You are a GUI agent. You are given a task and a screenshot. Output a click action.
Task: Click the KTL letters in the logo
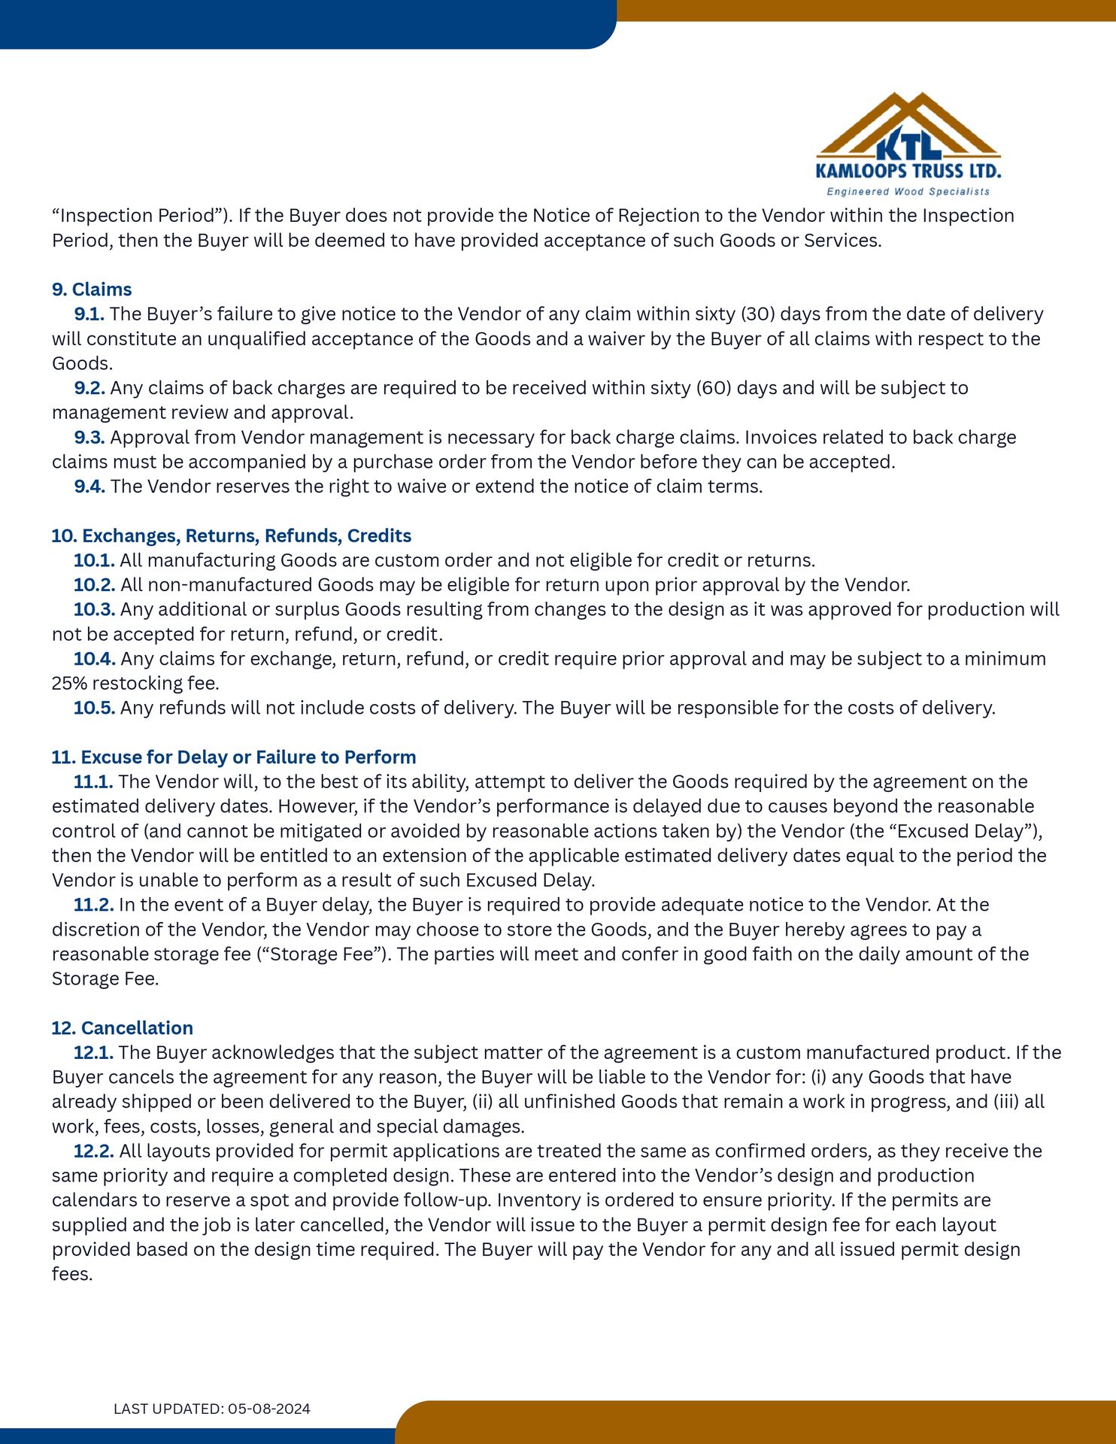coord(908,143)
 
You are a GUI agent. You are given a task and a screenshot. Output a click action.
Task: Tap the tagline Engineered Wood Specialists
coord(908,192)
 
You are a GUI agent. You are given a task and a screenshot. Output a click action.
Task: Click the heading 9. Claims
coord(92,290)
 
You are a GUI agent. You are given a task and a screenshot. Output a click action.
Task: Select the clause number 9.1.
coord(89,314)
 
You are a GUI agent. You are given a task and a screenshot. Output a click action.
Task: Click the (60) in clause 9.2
coord(713,388)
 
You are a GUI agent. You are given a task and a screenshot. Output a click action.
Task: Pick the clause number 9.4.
coord(89,487)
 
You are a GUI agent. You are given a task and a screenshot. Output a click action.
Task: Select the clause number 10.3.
coord(93,610)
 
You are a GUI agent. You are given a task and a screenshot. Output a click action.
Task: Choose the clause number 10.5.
coord(93,708)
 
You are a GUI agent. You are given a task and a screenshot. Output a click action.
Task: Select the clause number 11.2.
coord(93,905)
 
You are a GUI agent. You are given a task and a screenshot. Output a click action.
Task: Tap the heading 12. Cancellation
coord(123,1028)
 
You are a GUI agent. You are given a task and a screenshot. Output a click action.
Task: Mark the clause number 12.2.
coord(93,1151)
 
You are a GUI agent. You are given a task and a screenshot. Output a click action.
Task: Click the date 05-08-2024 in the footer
coord(269,1409)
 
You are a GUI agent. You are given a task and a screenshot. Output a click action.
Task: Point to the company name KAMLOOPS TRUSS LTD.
coord(908,171)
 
